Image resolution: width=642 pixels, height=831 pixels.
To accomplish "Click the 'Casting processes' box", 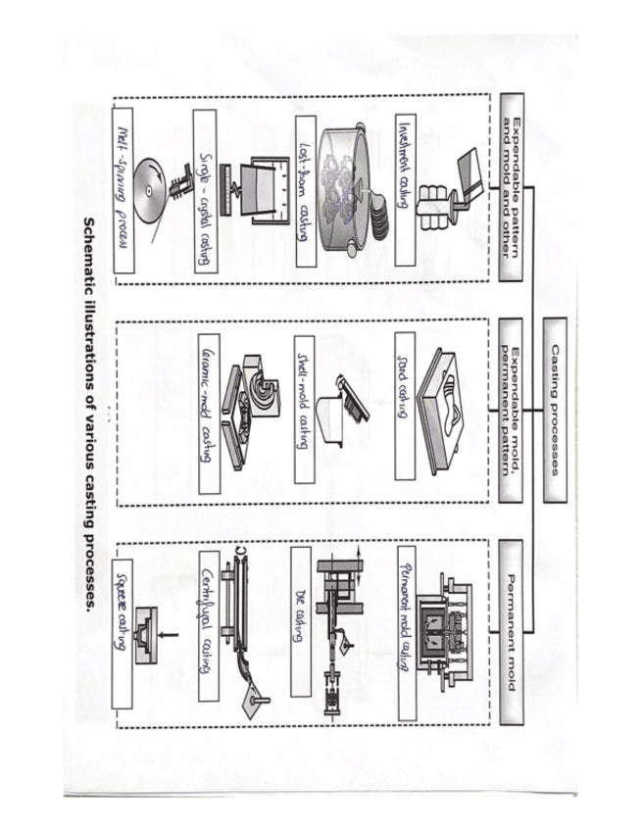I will (554, 409).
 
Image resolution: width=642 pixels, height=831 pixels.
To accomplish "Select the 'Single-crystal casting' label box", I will (205, 190).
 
